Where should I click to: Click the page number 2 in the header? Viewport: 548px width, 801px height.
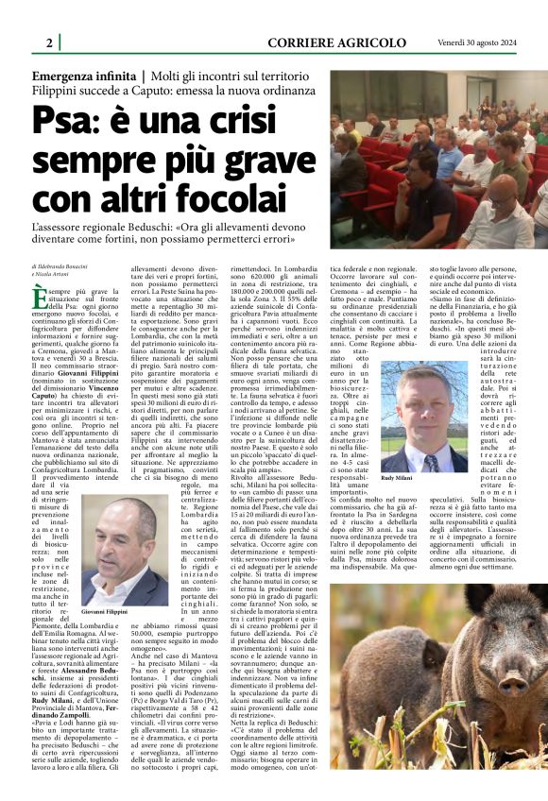click(x=48, y=43)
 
